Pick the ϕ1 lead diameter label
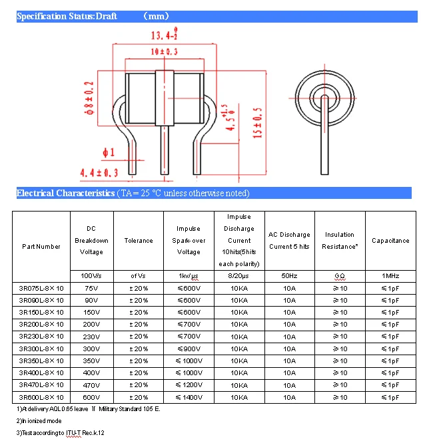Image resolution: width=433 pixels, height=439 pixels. coord(108,152)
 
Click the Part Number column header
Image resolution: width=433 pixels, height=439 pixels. coord(41,247)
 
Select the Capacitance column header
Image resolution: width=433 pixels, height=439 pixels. coord(390,241)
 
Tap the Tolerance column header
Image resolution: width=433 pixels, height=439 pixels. coord(139,241)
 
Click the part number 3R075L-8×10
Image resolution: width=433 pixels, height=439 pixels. coord(41,288)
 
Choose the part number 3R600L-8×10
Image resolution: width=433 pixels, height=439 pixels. coord(41,397)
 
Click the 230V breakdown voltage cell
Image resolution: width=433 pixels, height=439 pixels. coord(92,337)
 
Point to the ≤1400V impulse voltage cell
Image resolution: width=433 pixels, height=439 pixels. coord(189,397)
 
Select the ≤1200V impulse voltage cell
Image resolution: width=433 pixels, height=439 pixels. coord(189,385)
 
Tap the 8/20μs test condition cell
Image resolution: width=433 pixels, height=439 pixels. coord(239,275)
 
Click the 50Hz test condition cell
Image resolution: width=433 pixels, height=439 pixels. coord(289,275)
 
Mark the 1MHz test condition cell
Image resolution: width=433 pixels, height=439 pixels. coord(390,275)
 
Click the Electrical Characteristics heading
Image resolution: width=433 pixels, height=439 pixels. coord(65,194)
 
